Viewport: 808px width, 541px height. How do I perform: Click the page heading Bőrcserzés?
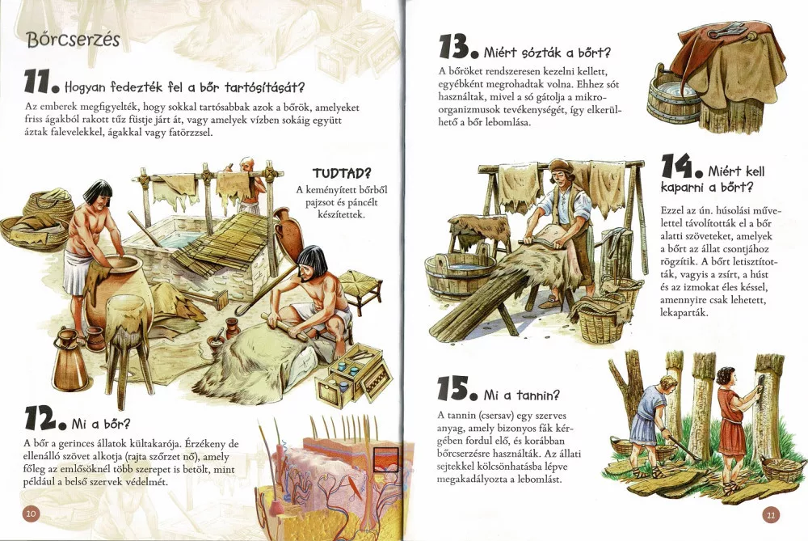click(x=74, y=40)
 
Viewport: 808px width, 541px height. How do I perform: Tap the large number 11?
click(x=38, y=82)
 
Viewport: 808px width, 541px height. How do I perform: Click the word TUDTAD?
click(x=342, y=173)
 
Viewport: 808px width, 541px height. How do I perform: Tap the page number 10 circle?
click(x=31, y=513)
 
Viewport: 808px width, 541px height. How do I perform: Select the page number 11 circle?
click(x=771, y=514)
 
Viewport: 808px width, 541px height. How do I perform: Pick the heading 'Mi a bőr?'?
click(x=101, y=424)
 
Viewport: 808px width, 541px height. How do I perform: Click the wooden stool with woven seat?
click(x=360, y=290)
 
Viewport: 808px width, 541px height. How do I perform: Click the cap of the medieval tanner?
click(x=559, y=167)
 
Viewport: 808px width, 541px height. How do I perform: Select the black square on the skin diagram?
click(x=386, y=459)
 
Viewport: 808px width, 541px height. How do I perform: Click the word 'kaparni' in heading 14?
click(x=683, y=187)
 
